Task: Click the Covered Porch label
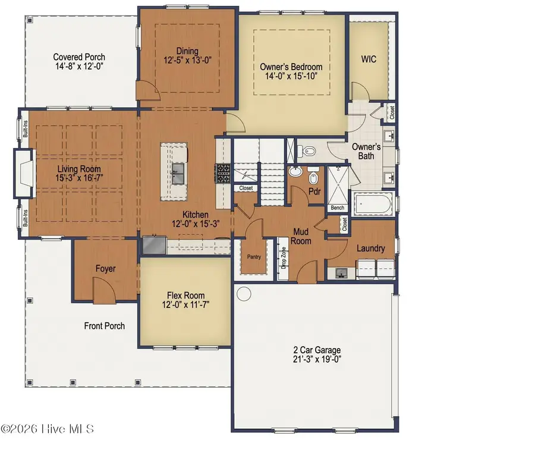pyautogui.click(x=79, y=57)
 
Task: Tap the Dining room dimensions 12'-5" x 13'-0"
pyautogui.click(x=187, y=61)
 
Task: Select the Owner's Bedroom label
pyautogui.click(x=291, y=67)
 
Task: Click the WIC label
pyautogui.click(x=369, y=59)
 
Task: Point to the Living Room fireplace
pyautogui.click(x=24, y=173)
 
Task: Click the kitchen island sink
pyautogui.click(x=178, y=174)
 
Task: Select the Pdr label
pyautogui.click(x=314, y=191)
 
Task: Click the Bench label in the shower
pyautogui.click(x=338, y=208)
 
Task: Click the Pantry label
pyautogui.click(x=254, y=257)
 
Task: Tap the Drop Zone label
pyautogui.click(x=284, y=258)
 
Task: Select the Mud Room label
pyautogui.click(x=301, y=236)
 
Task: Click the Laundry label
pyautogui.click(x=371, y=248)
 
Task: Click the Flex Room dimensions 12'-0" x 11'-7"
pyautogui.click(x=185, y=304)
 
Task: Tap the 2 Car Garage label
pyautogui.click(x=317, y=350)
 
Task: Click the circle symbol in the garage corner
pyautogui.click(x=244, y=293)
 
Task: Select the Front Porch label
pyautogui.click(x=105, y=326)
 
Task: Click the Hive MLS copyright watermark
pyautogui.click(x=48, y=429)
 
